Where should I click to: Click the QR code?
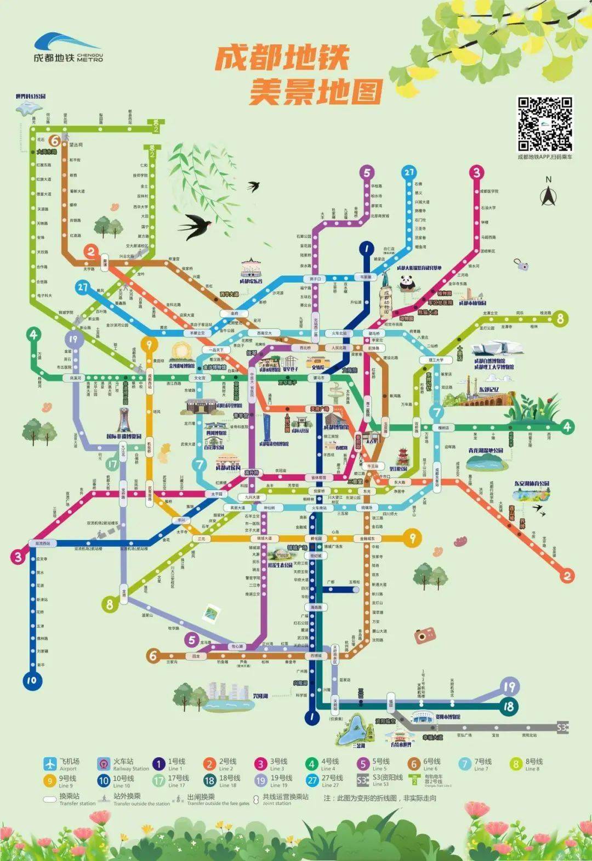pos(545,124)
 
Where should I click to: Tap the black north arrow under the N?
pos(548,195)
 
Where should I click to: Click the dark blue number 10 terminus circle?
pos(31,680)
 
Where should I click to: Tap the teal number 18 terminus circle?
pos(509,706)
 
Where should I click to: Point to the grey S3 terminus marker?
pos(562,728)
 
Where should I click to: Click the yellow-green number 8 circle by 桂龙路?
pos(560,318)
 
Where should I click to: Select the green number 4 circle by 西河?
pos(567,426)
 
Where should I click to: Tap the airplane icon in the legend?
pos(50,764)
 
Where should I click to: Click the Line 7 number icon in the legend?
pos(465,764)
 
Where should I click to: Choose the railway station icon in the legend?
pos(104,764)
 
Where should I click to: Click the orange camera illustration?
pos(421,636)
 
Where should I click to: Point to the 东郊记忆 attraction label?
pos(489,390)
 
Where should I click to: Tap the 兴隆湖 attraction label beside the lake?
pos(260,696)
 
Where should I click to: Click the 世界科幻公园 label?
pos(31,97)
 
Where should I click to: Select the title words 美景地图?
pos(315,91)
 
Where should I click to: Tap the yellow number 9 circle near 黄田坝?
pos(149,344)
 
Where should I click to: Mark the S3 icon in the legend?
pos(362,780)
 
